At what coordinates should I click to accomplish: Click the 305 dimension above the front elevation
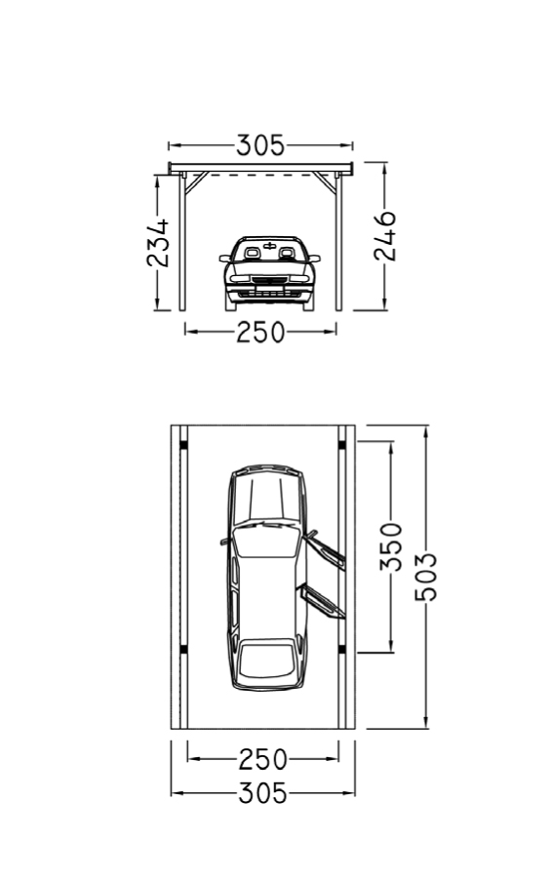(x=260, y=145)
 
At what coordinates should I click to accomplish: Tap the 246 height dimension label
(x=385, y=236)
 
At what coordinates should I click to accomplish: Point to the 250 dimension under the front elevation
(x=260, y=333)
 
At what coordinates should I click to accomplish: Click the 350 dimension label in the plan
(x=391, y=546)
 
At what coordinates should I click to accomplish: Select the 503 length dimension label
(x=425, y=577)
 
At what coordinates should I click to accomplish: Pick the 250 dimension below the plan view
(x=262, y=760)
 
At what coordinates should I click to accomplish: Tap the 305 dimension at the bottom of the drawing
(x=262, y=793)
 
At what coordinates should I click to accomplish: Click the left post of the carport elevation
(x=182, y=242)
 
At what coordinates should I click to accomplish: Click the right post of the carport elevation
(x=338, y=242)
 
